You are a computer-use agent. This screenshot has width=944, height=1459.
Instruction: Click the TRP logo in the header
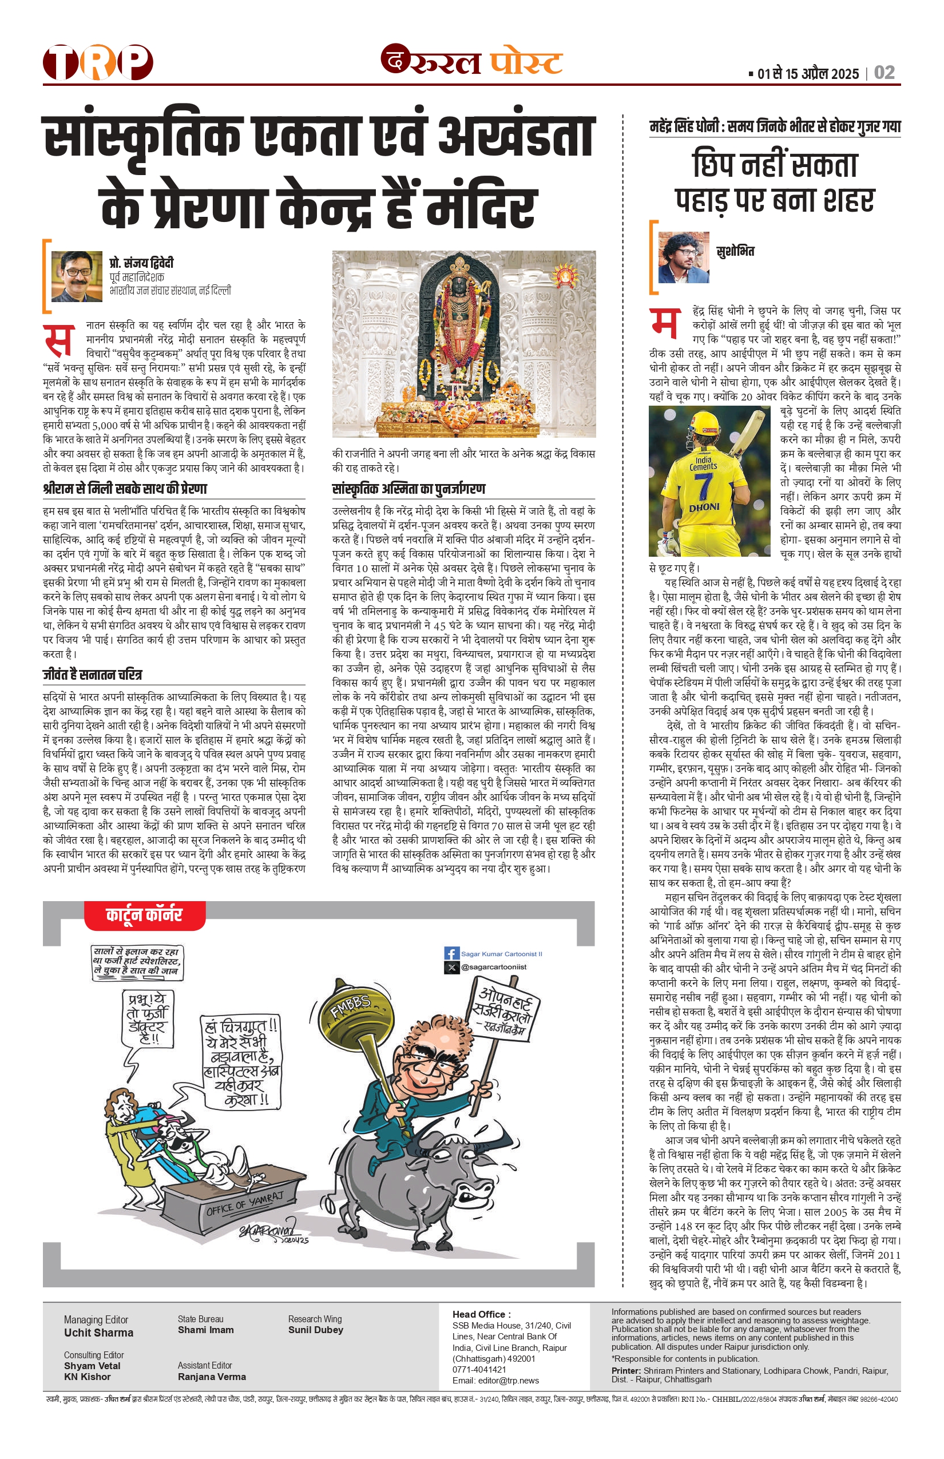pyautogui.click(x=97, y=62)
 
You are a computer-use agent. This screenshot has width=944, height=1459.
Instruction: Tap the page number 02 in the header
pyautogui.click(x=884, y=73)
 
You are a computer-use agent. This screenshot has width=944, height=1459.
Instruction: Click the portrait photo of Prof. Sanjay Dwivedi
pyautogui.click(x=77, y=276)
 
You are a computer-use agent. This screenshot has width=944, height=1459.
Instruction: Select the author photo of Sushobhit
pyautogui.click(x=683, y=257)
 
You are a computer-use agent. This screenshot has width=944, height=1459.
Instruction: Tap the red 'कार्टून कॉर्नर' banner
pyautogui.click(x=145, y=915)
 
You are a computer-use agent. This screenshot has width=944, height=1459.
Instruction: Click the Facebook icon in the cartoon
pyautogui.click(x=451, y=953)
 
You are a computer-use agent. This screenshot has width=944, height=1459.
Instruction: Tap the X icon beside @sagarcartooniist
pyautogui.click(x=451, y=968)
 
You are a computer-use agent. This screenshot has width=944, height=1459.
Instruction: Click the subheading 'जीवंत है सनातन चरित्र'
pyautogui.click(x=93, y=675)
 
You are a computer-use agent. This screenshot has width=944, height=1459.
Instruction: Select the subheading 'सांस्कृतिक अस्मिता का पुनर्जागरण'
pyautogui.click(x=408, y=489)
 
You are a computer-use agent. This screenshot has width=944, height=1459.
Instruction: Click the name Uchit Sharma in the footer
pyautogui.click(x=98, y=1333)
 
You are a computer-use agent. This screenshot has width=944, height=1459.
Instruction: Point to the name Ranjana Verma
pyautogui.click(x=212, y=1377)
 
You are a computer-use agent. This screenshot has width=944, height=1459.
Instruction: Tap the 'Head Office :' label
pyautogui.click(x=481, y=1314)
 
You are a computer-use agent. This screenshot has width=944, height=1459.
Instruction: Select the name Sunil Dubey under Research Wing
pyautogui.click(x=315, y=1330)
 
